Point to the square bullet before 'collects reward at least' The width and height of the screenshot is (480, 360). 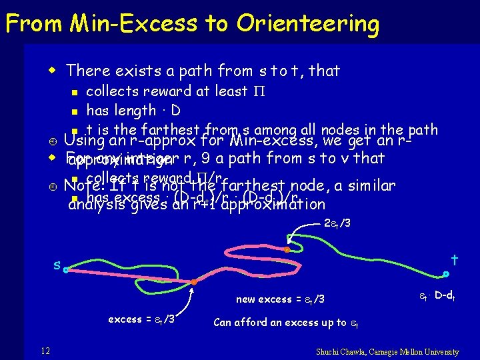77,92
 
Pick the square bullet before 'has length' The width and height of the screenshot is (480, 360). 77,111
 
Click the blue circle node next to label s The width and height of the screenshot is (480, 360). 66,270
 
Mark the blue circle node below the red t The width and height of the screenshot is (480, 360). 446,273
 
